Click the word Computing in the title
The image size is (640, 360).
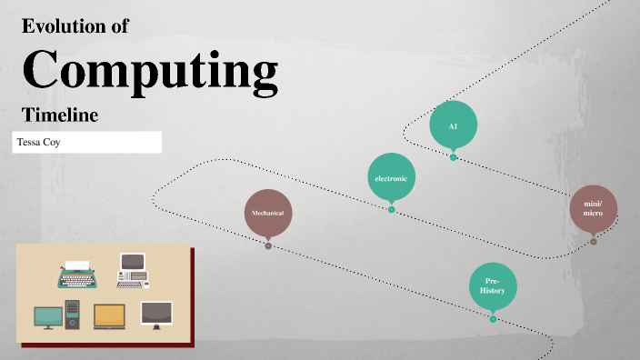[x=150, y=70]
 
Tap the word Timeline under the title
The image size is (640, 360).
[x=60, y=115]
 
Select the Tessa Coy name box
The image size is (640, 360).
[x=87, y=142]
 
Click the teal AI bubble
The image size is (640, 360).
[x=453, y=125]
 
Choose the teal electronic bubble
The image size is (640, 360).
[x=392, y=178]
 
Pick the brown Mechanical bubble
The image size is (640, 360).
[x=268, y=213]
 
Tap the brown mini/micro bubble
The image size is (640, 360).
[x=594, y=212]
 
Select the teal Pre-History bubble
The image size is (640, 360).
[x=493, y=285]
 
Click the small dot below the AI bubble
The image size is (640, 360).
[x=454, y=157]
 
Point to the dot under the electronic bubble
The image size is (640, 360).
[x=392, y=210]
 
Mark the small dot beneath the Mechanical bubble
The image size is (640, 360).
[x=268, y=245]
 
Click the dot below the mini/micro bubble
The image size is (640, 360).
[x=594, y=242]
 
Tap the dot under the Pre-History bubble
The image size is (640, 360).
[x=493, y=319]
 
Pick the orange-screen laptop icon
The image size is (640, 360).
[x=109, y=315]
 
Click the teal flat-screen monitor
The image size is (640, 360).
[x=48, y=316]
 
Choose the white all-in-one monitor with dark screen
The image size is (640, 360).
[x=156, y=315]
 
